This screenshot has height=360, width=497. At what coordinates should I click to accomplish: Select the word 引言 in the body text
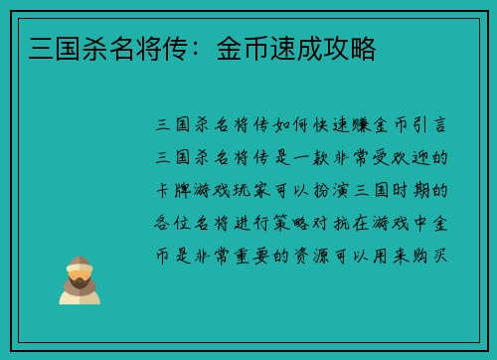coord(433,127)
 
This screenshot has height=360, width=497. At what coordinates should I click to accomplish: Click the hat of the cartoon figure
coord(80,263)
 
